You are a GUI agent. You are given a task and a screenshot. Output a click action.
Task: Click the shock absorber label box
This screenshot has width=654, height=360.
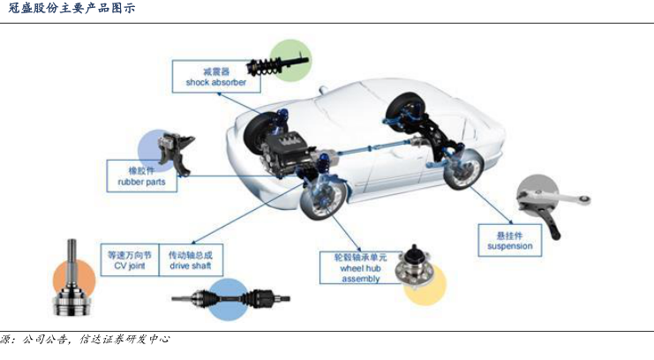216,77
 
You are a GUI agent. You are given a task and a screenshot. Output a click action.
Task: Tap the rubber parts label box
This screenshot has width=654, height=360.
142,176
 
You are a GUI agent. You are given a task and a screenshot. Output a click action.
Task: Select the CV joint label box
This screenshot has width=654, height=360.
130,260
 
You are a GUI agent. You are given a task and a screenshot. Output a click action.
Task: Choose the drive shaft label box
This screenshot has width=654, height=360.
191,260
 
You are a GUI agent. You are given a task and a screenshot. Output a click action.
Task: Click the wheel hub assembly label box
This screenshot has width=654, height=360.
360,268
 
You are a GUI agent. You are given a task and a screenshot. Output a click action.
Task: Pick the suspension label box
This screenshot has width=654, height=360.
509,240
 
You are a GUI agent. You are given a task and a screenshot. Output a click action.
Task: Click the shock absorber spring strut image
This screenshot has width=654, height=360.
277,65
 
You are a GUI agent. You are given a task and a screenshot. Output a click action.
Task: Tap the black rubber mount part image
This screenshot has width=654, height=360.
175,154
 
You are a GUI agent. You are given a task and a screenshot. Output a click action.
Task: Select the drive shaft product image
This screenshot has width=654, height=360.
230,299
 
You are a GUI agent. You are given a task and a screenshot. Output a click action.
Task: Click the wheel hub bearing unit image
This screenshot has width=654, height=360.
415,268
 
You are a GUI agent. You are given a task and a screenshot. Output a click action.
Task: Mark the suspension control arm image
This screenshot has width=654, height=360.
551,206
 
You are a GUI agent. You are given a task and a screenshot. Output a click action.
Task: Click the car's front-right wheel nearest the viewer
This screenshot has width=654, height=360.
323,199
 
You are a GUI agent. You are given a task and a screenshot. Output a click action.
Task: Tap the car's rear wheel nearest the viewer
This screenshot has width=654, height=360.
463,169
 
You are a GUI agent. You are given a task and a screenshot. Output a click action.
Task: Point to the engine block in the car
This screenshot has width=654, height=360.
287,152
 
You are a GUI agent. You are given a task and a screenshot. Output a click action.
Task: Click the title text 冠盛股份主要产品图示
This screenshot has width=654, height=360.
71,8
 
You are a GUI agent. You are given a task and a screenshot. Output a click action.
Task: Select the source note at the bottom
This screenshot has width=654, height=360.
85,340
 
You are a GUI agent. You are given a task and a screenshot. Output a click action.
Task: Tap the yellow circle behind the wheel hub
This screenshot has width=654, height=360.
425,284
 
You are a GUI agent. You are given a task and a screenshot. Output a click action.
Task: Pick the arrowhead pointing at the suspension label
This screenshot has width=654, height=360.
510,221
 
